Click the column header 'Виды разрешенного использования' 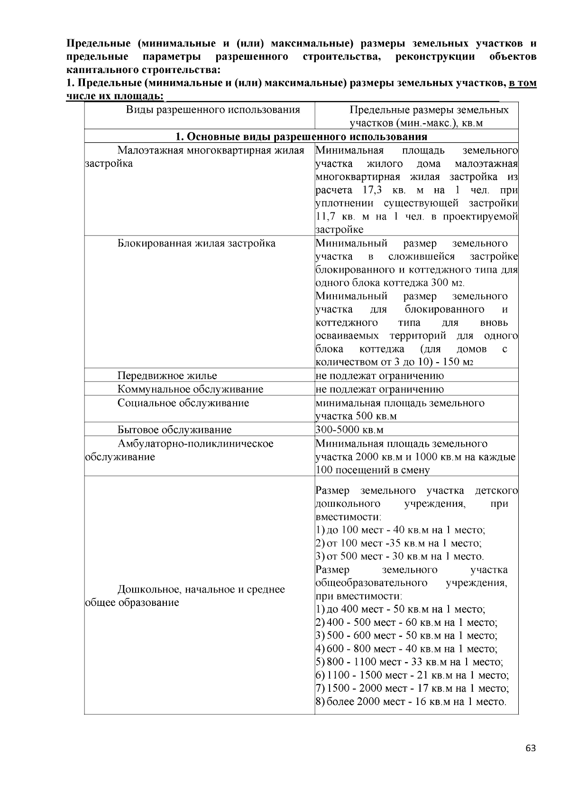[213, 110]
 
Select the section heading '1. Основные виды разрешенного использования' [301, 137]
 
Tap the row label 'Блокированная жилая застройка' [196, 244]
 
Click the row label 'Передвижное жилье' [167, 376]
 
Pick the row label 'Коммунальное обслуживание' [190, 390]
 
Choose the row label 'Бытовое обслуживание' [174, 430]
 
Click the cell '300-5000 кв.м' [349, 430]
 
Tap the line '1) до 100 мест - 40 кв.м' [400, 530]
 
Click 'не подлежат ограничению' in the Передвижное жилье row [380, 376]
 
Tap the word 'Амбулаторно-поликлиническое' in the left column [195, 444]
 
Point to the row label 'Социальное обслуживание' [183, 403]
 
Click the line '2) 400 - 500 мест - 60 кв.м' [406, 622]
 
